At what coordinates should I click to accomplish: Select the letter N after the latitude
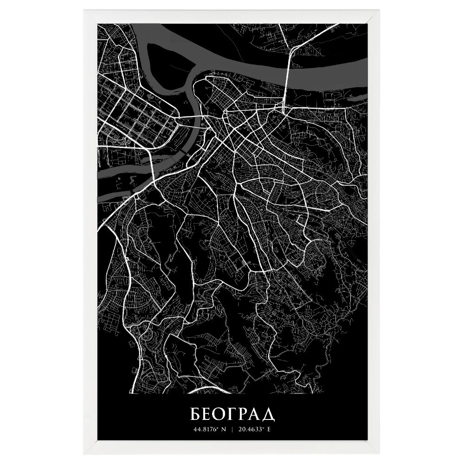point(223,429)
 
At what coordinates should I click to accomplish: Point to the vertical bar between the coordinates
point(232,429)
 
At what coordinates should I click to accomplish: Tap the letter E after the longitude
point(268,429)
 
